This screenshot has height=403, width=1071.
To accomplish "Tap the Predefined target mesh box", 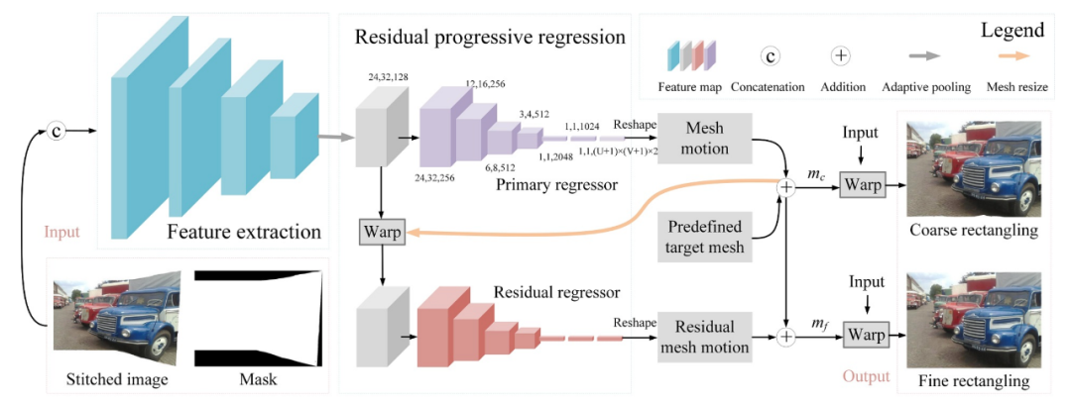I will pos(705,237).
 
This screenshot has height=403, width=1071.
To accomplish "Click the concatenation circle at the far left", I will pos(58,130).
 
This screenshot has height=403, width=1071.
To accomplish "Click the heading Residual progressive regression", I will pos(490,38).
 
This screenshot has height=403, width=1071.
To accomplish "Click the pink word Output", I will pos(866,376).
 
